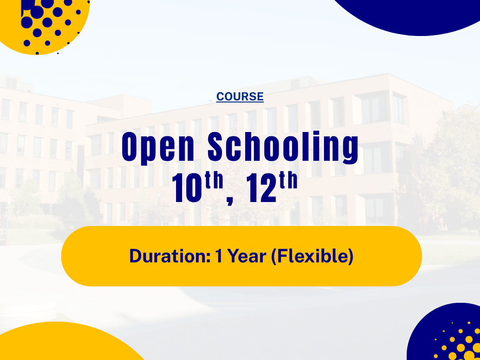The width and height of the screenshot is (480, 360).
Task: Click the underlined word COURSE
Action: (x=240, y=97)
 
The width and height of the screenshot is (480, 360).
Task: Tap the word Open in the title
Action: (x=158, y=148)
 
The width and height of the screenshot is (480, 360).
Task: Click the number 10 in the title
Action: (x=187, y=188)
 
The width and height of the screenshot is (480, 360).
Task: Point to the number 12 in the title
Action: (x=261, y=188)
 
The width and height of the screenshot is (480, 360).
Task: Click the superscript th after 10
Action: (x=214, y=180)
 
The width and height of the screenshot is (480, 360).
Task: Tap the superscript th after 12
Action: (x=288, y=180)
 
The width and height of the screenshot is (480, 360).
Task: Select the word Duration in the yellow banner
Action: (x=168, y=256)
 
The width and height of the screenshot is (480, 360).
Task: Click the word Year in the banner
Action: (x=247, y=256)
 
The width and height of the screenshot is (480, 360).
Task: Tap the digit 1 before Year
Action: (x=219, y=256)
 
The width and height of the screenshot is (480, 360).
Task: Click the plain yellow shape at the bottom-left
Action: (x=66, y=343)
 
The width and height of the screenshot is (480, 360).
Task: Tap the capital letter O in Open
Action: (x=129, y=147)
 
